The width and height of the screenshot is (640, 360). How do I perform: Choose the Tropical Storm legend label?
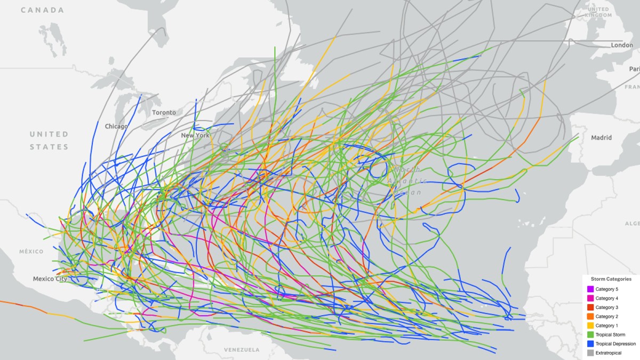tap(610, 334)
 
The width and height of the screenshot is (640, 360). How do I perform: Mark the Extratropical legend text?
tap(609, 353)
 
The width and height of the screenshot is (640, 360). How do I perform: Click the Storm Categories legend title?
tap(611, 279)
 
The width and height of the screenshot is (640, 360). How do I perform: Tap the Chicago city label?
tap(116, 126)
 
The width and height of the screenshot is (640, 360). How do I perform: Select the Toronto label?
tap(164, 113)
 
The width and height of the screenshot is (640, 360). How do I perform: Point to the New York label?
tap(195, 135)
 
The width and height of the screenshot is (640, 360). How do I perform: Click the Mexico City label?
tap(50, 279)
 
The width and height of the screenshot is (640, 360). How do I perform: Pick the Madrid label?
tap(601, 138)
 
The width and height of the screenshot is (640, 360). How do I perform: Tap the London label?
tap(622, 45)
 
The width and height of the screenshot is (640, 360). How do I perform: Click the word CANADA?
tap(43, 10)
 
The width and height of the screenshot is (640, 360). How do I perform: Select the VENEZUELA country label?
tap(242, 350)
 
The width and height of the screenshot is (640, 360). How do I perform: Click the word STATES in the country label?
tap(49, 147)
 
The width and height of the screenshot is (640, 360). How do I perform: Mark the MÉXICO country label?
tap(31, 251)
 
